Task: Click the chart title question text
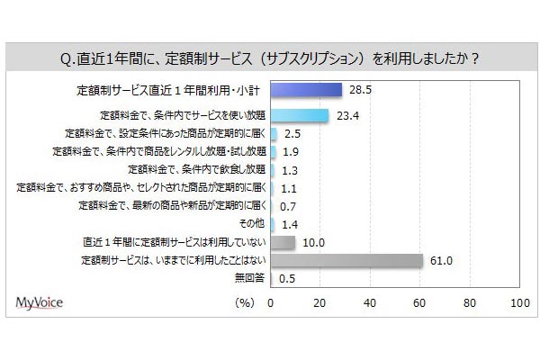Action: pyautogui.click(x=269, y=59)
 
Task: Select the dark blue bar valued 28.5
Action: pyautogui.click(x=306, y=90)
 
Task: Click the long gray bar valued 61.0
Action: pyautogui.click(x=346, y=260)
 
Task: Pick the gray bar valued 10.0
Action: pyautogui.click(x=283, y=242)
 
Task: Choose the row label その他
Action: pyautogui.click(x=249, y=224)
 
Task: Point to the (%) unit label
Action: pyautogui.click(x=245, y=303)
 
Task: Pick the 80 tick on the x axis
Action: pyautogui.click(x=468, y=303)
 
